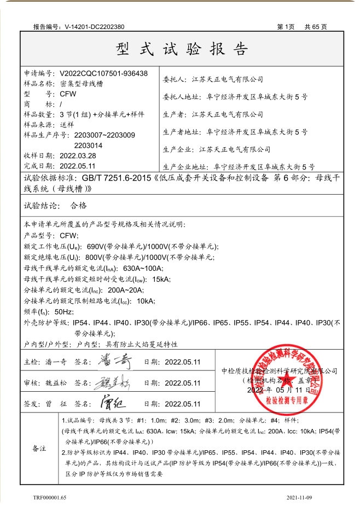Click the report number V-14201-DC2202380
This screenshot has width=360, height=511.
94,26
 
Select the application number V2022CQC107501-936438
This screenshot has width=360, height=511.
103,73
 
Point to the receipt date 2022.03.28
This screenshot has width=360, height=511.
78,155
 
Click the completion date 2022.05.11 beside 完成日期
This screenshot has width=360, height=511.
78,166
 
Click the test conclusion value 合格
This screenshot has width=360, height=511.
79,206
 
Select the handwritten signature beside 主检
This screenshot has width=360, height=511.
114,361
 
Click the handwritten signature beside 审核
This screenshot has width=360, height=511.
115,382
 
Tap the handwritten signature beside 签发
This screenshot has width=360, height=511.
114,403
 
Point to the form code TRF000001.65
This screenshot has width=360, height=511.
50,497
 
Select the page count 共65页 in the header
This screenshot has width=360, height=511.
316,26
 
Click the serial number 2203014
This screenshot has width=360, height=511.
88,145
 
